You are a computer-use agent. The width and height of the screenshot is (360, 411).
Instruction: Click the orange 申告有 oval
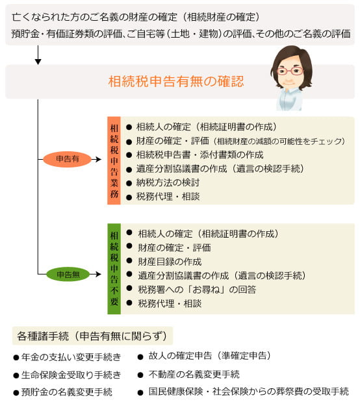pos(67,159)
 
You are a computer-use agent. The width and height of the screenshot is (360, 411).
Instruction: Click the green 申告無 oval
pos(68,275)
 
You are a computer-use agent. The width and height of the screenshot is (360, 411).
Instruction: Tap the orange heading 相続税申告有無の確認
pos(176,81)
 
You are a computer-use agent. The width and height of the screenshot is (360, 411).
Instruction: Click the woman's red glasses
pos(290,71)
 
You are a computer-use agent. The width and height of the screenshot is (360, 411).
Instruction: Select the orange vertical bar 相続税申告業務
pos(114,160)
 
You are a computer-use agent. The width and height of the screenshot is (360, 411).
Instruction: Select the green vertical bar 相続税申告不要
pos(114,269)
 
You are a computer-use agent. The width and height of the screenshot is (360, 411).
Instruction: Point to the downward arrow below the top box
pos(38,55)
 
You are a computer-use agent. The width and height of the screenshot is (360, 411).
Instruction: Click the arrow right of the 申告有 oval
pos(97,159)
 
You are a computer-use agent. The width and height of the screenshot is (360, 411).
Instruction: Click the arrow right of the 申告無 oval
pos(96,274)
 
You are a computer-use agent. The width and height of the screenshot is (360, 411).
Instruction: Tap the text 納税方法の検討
pos(168,182)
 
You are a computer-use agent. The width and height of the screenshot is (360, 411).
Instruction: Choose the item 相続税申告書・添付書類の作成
pos(199,155)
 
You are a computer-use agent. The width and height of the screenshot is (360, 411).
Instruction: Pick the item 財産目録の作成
pos(170,262)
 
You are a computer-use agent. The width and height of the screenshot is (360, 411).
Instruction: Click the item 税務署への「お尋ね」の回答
pos(197,290)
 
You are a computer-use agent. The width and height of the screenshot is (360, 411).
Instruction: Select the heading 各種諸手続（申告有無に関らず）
pos(92,336)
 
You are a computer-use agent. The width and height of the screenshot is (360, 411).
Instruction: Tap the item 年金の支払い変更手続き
pos(71,357)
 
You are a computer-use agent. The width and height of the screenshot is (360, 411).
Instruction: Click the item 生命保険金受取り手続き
pos(71,375)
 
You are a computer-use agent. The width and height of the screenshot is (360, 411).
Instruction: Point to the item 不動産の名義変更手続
pos(194,374)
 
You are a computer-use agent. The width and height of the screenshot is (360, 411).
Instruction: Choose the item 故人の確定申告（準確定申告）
pos(210,356)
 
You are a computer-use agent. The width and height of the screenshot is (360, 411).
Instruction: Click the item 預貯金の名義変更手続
pos(67,392)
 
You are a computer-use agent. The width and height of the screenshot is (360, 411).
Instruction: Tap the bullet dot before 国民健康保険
pos(140,392)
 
